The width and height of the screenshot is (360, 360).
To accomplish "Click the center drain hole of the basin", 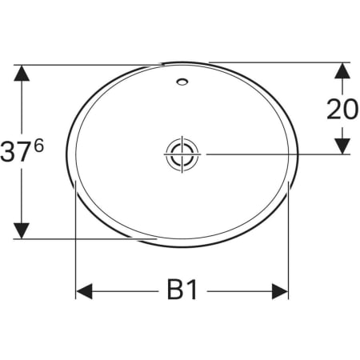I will (182, 153).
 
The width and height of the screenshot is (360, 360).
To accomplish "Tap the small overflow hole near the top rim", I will (182, 81).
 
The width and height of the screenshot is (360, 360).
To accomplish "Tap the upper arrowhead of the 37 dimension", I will (22, 74).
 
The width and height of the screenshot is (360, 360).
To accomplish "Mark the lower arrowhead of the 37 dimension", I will (22, 230).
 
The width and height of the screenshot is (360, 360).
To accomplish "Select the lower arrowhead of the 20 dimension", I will (342, 144).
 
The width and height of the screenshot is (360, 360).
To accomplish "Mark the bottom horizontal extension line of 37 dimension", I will (88, 238).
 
